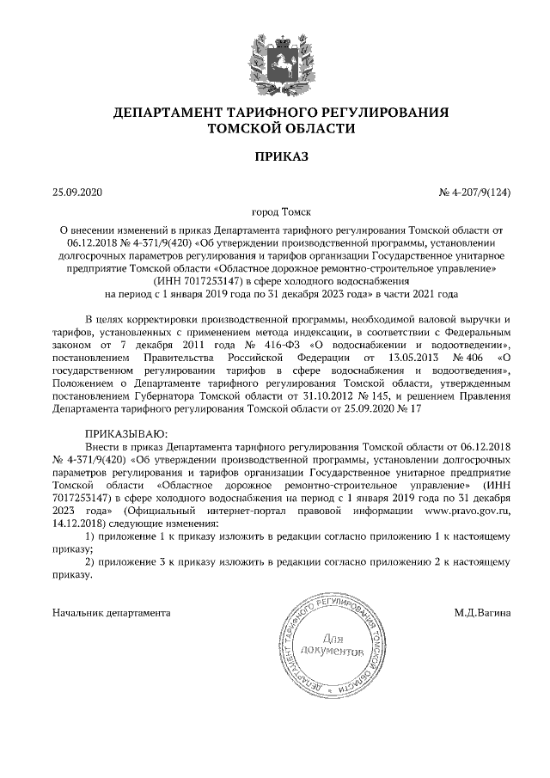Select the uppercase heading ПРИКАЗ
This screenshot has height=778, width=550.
coord(275,156)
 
